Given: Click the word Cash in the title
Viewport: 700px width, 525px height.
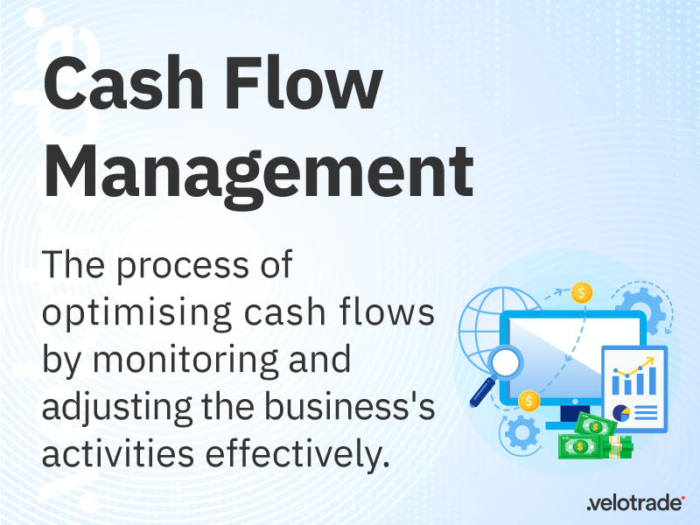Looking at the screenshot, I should (123, 85).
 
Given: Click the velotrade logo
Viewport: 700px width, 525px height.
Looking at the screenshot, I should (636, 502).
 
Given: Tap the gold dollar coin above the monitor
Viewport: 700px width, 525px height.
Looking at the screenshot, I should (582, 293).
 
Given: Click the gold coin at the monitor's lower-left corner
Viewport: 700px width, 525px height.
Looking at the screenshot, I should (528, 401).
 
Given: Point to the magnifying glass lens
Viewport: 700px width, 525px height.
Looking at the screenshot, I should (505, 362).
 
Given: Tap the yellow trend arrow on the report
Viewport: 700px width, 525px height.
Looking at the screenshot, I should (636, 367).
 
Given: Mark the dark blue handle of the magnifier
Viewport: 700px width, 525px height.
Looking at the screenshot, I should (479, 394).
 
